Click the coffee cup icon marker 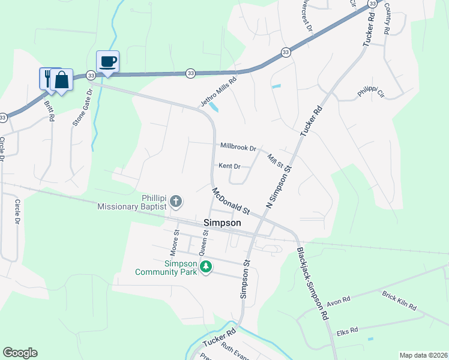pyautogui.click(x=107, y=61)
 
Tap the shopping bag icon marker pyautogui.click(x=61, y=80)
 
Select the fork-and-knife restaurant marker pyautogui.click(x=47, y=78)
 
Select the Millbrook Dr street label pyautogui.click(x=238, y=146)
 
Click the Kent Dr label pyautogui.click(x=229, y=166)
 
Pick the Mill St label pyautogui.click(x=276, y=160)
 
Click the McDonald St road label pyautogui.click(x=231, y=201)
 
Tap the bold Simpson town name pyautogui.click(x=222, y=223)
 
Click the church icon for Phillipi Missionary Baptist pyautogui.click(x=176, y=202)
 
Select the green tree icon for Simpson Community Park pyautogui.click(x=206, y=266)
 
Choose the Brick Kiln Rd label pyautogui.click(x=399, y=300)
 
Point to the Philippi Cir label pyautogui.click(x=370, y=92)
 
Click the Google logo pyautogui.click(x=20, y=353)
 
